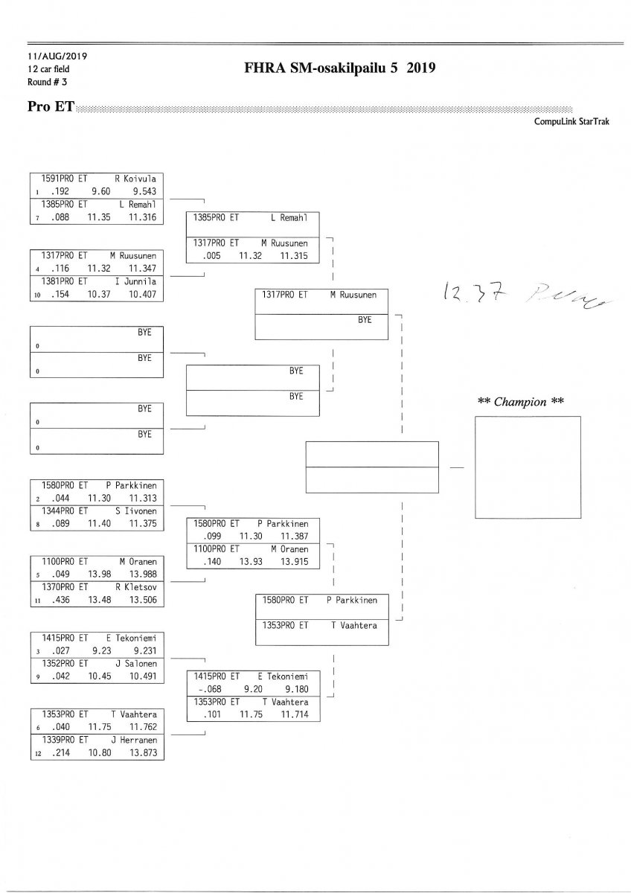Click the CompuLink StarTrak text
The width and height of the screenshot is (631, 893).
click(x=571, y=121)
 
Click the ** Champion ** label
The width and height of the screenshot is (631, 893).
click(x=520, y=402)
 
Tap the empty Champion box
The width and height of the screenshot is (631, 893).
click(x=528, y=467)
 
